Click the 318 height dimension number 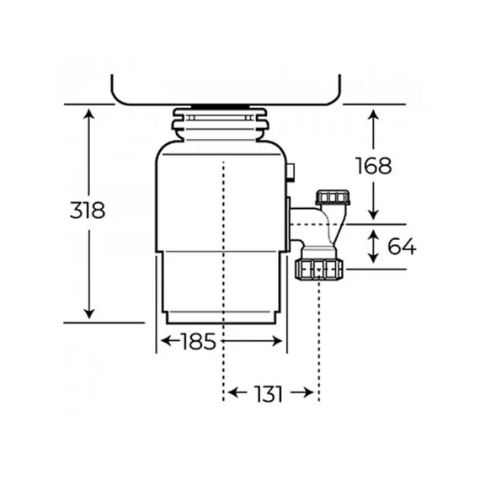(x=87, y=211)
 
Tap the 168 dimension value (x=373, y=166)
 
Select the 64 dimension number (x=400, y=247)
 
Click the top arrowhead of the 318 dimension (x=88, y=113)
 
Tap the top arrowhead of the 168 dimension (x=373, y=113)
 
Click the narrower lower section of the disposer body (x=221, y=286)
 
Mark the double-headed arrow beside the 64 (x=373, y=246)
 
